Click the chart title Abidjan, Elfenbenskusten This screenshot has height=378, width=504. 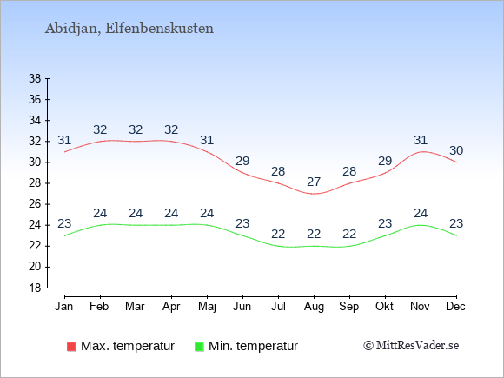pos(129,29)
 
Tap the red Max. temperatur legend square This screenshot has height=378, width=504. pos(71,347)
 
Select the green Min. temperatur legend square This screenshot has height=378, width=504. pos(199,347)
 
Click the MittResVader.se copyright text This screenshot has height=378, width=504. pos(411,346)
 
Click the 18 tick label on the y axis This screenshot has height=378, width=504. pos(35,288)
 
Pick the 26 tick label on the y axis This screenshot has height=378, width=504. pos(35,204)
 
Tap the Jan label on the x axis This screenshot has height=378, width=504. pos(64,307)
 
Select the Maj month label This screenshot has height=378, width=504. pos(207,307)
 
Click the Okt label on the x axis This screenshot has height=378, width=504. pos(385,307)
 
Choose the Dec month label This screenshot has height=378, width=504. pos(456,307)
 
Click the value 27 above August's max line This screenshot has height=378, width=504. pos(314,182)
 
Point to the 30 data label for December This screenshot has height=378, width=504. pos(456,150)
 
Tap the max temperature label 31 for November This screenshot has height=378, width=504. pos(421,140)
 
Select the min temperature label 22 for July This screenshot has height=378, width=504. pos(278,234)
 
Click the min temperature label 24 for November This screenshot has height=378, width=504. pos(421,213)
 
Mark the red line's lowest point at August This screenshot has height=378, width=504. pos(314,194)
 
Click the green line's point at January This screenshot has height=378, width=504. pos(64,235)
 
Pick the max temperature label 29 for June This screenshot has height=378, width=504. pos(242,161)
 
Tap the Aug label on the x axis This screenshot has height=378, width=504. pos(314,307)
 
